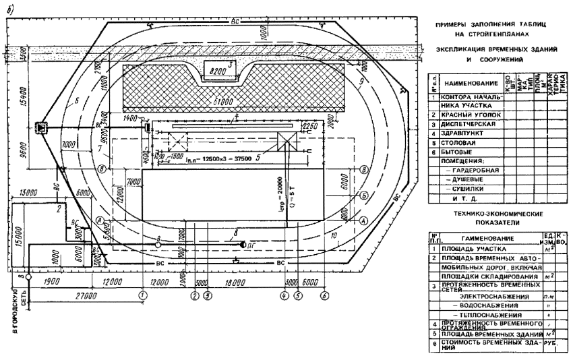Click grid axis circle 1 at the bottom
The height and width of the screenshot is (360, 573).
click(142, 295)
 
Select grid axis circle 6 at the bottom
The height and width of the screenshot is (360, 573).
click(324, 295)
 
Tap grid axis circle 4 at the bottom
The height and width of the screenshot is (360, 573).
click(284, 295)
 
